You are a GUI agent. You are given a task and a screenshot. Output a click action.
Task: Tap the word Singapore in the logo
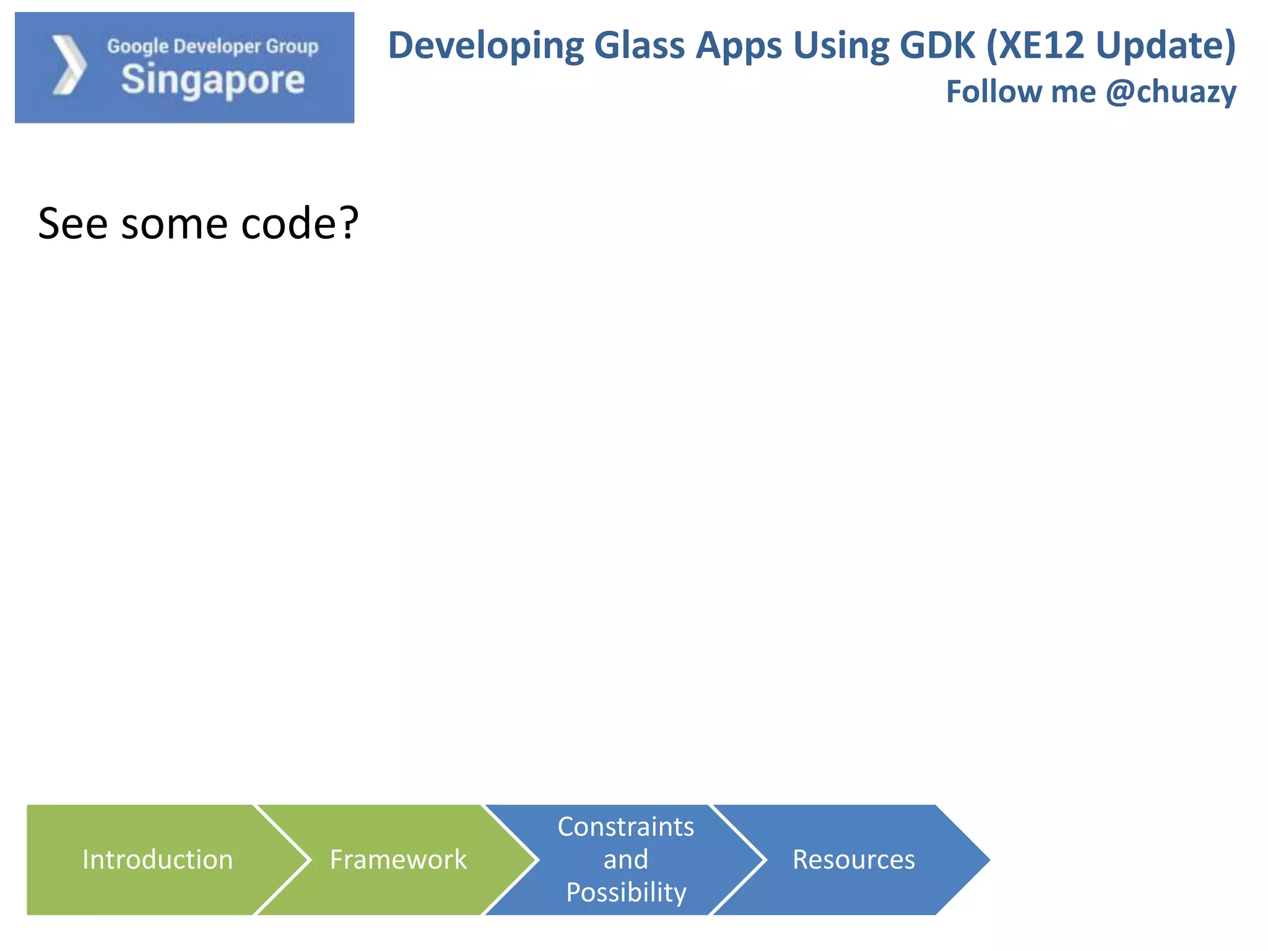212,80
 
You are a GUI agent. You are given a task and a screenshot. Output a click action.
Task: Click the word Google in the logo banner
137,46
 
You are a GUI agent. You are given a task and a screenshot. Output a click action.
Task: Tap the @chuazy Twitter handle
1171,92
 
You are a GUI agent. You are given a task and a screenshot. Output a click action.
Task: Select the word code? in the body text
300,224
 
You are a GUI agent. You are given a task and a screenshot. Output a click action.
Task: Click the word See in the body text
73,224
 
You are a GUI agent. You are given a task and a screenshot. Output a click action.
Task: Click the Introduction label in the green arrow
157,859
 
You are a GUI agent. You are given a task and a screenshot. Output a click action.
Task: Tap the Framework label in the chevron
398,859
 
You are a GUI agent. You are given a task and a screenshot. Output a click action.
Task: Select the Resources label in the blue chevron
853,859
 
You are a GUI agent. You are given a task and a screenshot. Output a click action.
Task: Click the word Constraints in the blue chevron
625,827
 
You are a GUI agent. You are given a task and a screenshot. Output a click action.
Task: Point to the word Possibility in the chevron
625,892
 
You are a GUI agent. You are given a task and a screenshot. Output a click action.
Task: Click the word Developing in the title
485,46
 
